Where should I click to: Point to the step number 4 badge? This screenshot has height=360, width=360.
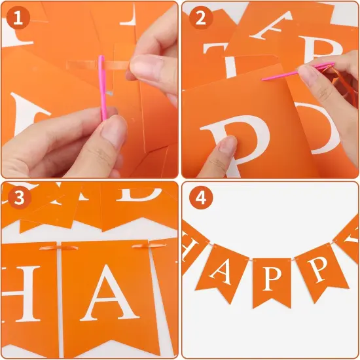coord(200,198)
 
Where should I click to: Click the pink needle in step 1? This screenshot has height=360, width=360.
coord(102,88)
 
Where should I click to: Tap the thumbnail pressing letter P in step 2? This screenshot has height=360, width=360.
coord(227,145)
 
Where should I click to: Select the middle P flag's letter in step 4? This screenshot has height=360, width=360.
coord(272,278)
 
